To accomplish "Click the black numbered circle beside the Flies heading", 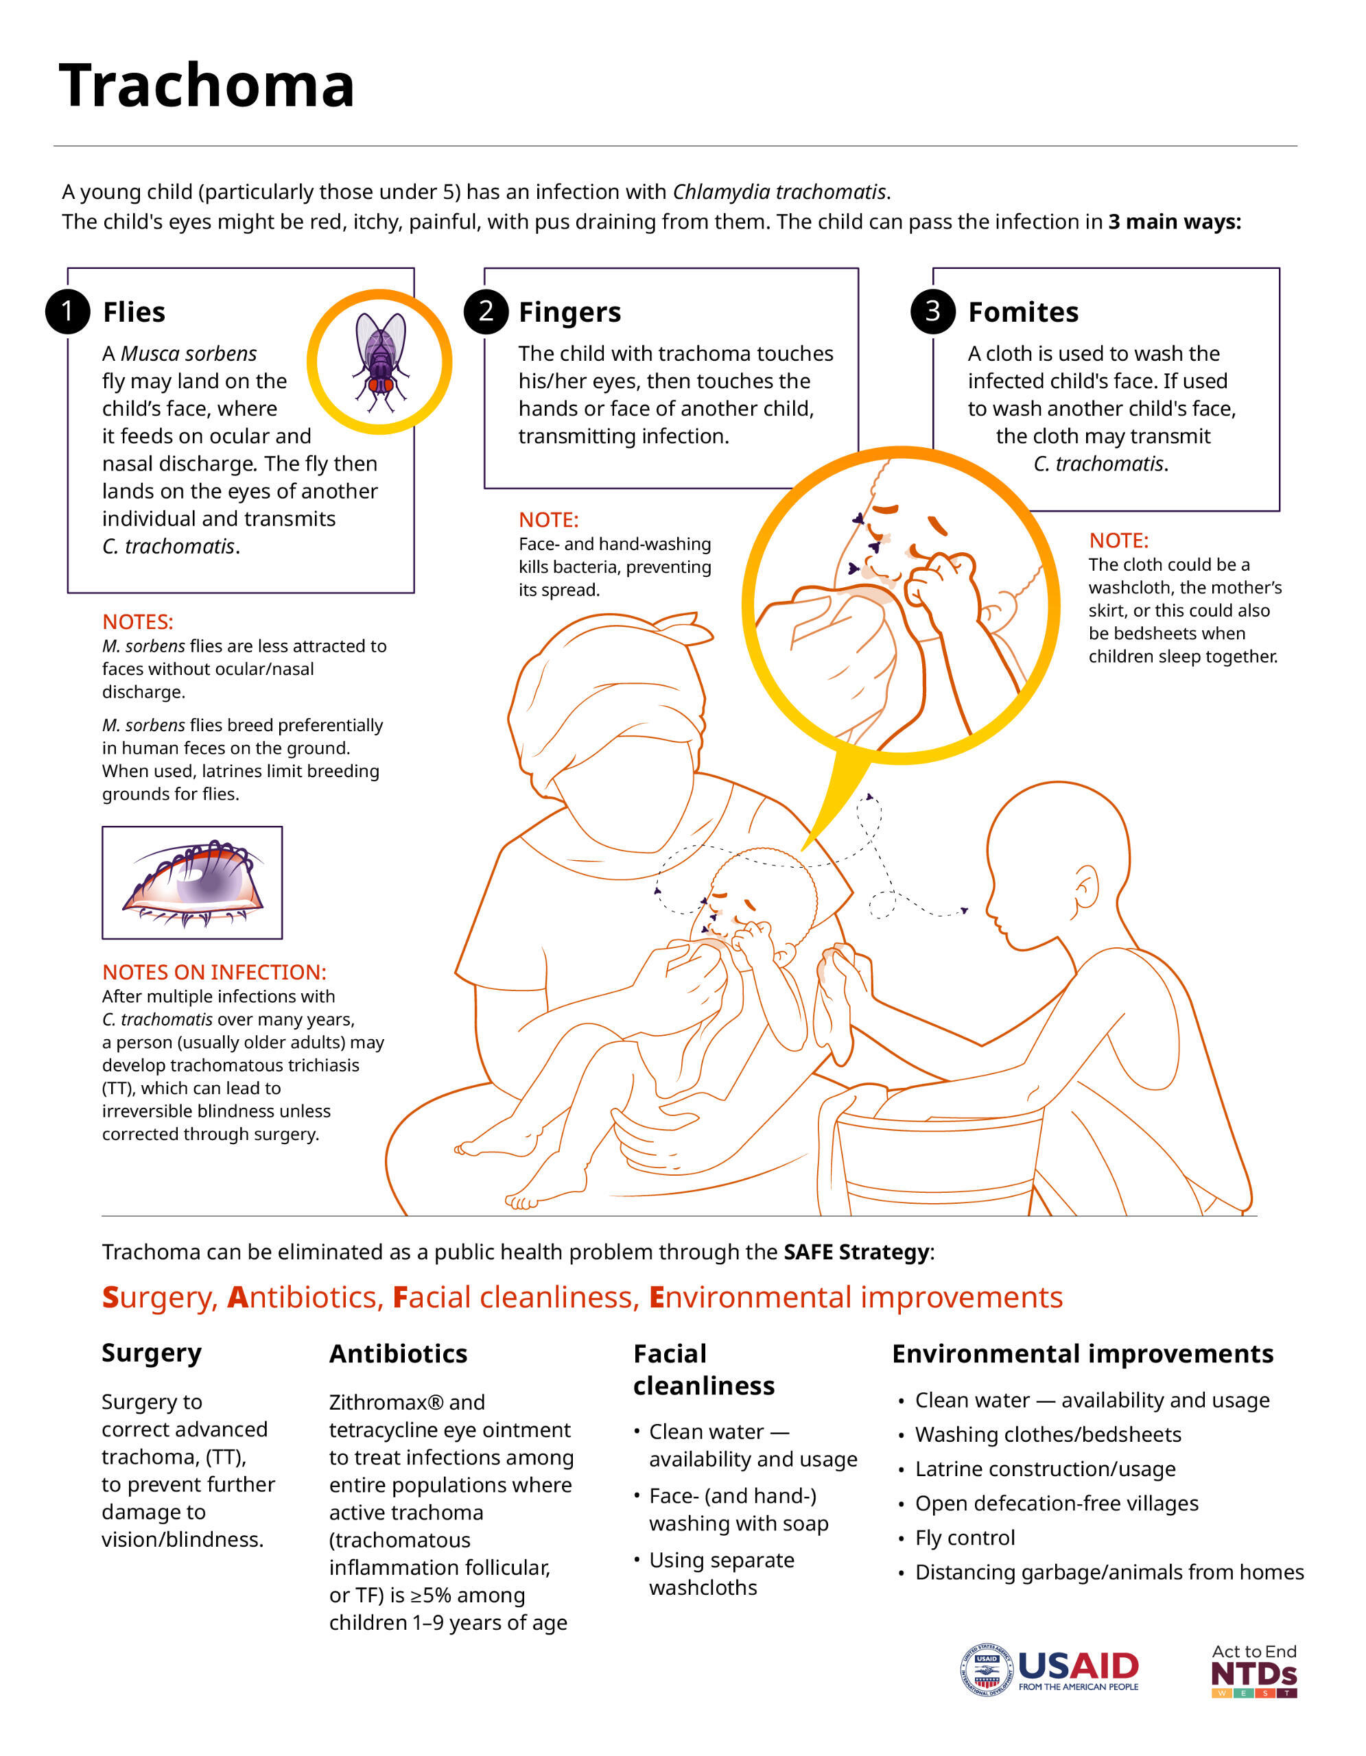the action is coord(67,311).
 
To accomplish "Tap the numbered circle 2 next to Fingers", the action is coord(486,311).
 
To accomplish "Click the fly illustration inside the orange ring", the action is coord(379,361).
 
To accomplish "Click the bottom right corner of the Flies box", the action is coord(414,593).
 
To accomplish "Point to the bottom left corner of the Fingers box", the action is coord(485,488).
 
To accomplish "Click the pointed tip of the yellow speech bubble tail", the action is coord(803,851).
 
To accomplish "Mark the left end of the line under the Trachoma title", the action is coord(54,145).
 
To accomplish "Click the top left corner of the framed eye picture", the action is coord(102,827).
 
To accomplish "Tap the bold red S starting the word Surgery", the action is coord(110,1298).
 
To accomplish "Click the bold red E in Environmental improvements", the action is coord(657,1298).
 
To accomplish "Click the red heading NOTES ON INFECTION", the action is coord(215,972).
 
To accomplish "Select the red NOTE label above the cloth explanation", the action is coord(1118,541).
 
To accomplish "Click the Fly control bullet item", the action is coord(965,1538).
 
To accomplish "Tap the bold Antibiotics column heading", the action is coord(398,1354).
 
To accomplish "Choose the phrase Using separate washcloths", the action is coord(721,1574).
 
